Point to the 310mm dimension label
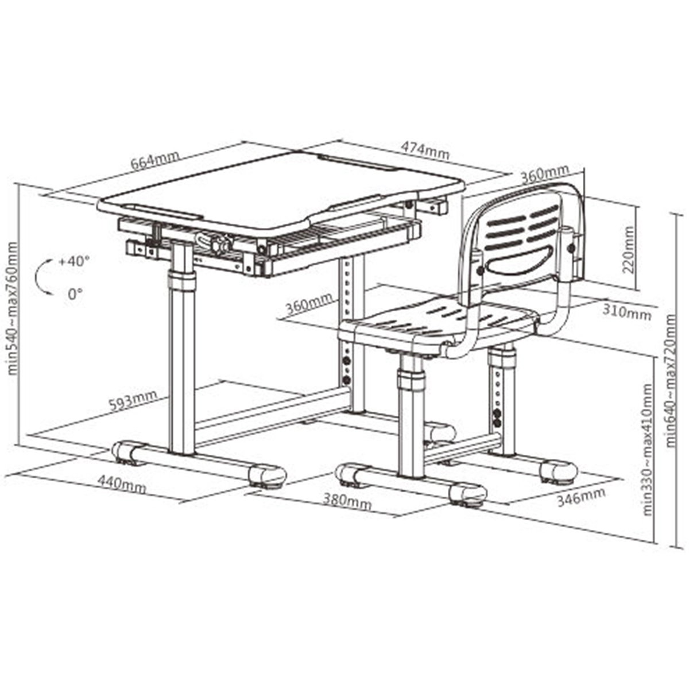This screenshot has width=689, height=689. click(627, 312)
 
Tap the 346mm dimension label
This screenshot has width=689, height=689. click(582, 497)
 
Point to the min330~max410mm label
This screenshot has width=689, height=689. click(648, 450)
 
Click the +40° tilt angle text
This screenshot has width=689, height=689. click(75, 261)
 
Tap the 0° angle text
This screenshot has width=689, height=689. click(75, 294)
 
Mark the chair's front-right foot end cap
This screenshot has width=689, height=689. click(467, 493)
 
